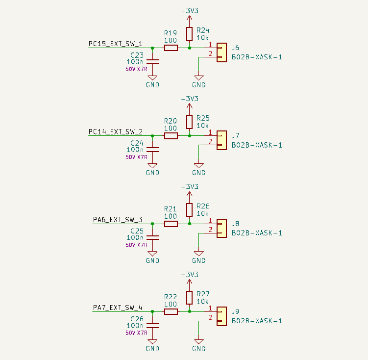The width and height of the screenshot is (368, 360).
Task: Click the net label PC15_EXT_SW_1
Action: click(x=116, y=44)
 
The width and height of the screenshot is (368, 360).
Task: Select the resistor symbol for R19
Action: click(x=171, y=48)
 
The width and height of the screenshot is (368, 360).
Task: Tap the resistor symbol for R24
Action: click(x=190, y=34)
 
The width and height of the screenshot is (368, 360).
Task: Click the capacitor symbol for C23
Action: click(x=152, y=62)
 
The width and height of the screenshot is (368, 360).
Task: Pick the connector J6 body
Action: click(x=221, y=52)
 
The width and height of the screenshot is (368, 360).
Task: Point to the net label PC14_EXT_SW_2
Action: click(x=116, y=132)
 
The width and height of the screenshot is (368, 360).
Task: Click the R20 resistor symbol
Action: click(x=171, y=136)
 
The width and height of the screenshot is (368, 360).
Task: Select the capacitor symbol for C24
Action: click(x=152, y=150)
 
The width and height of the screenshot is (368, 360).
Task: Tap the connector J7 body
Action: click(x=221, y=140)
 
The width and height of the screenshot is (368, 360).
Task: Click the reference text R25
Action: click(x=203, y=118)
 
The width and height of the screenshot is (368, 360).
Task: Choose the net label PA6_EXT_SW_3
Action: click(x=118, y=220)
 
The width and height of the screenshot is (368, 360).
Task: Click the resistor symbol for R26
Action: click(x=190, y=210)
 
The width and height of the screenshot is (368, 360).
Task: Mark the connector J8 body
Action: click(x=221, y=228)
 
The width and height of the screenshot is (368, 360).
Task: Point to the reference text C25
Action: click(x=137, y=231)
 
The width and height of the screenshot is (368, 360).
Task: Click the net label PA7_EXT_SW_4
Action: click(x=118, y=308)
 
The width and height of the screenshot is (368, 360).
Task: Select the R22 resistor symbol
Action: click(x=171, y=311)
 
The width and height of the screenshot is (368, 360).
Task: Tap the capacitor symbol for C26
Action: click(x=152, y=326)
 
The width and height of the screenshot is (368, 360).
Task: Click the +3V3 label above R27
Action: click(x=190, y=275)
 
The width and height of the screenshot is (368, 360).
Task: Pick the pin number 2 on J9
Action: click(x=210, y=317)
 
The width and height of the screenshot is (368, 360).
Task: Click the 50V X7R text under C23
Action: click(x=136, y=69)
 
